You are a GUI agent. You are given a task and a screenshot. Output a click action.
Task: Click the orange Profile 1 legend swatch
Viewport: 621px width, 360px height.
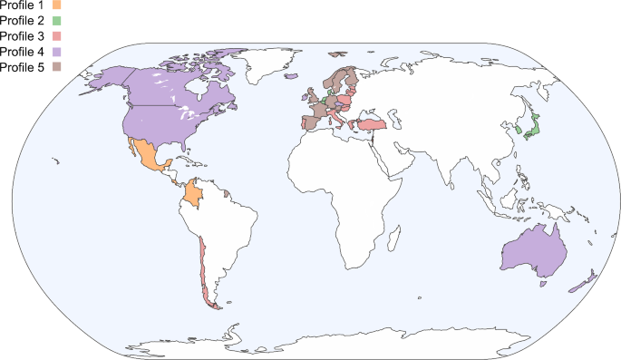click(56, 5)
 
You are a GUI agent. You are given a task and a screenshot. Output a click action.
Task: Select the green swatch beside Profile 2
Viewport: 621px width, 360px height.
click(56, 20)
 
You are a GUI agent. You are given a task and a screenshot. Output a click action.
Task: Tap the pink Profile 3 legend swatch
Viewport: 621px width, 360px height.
click(56, 35)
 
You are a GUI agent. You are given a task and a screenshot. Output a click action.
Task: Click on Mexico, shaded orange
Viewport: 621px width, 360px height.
click(145, 157)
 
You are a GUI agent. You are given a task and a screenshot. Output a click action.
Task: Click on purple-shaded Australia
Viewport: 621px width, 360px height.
click(535, 249)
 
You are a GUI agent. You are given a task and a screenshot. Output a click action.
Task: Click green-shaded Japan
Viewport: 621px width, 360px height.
click(532, 127)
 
